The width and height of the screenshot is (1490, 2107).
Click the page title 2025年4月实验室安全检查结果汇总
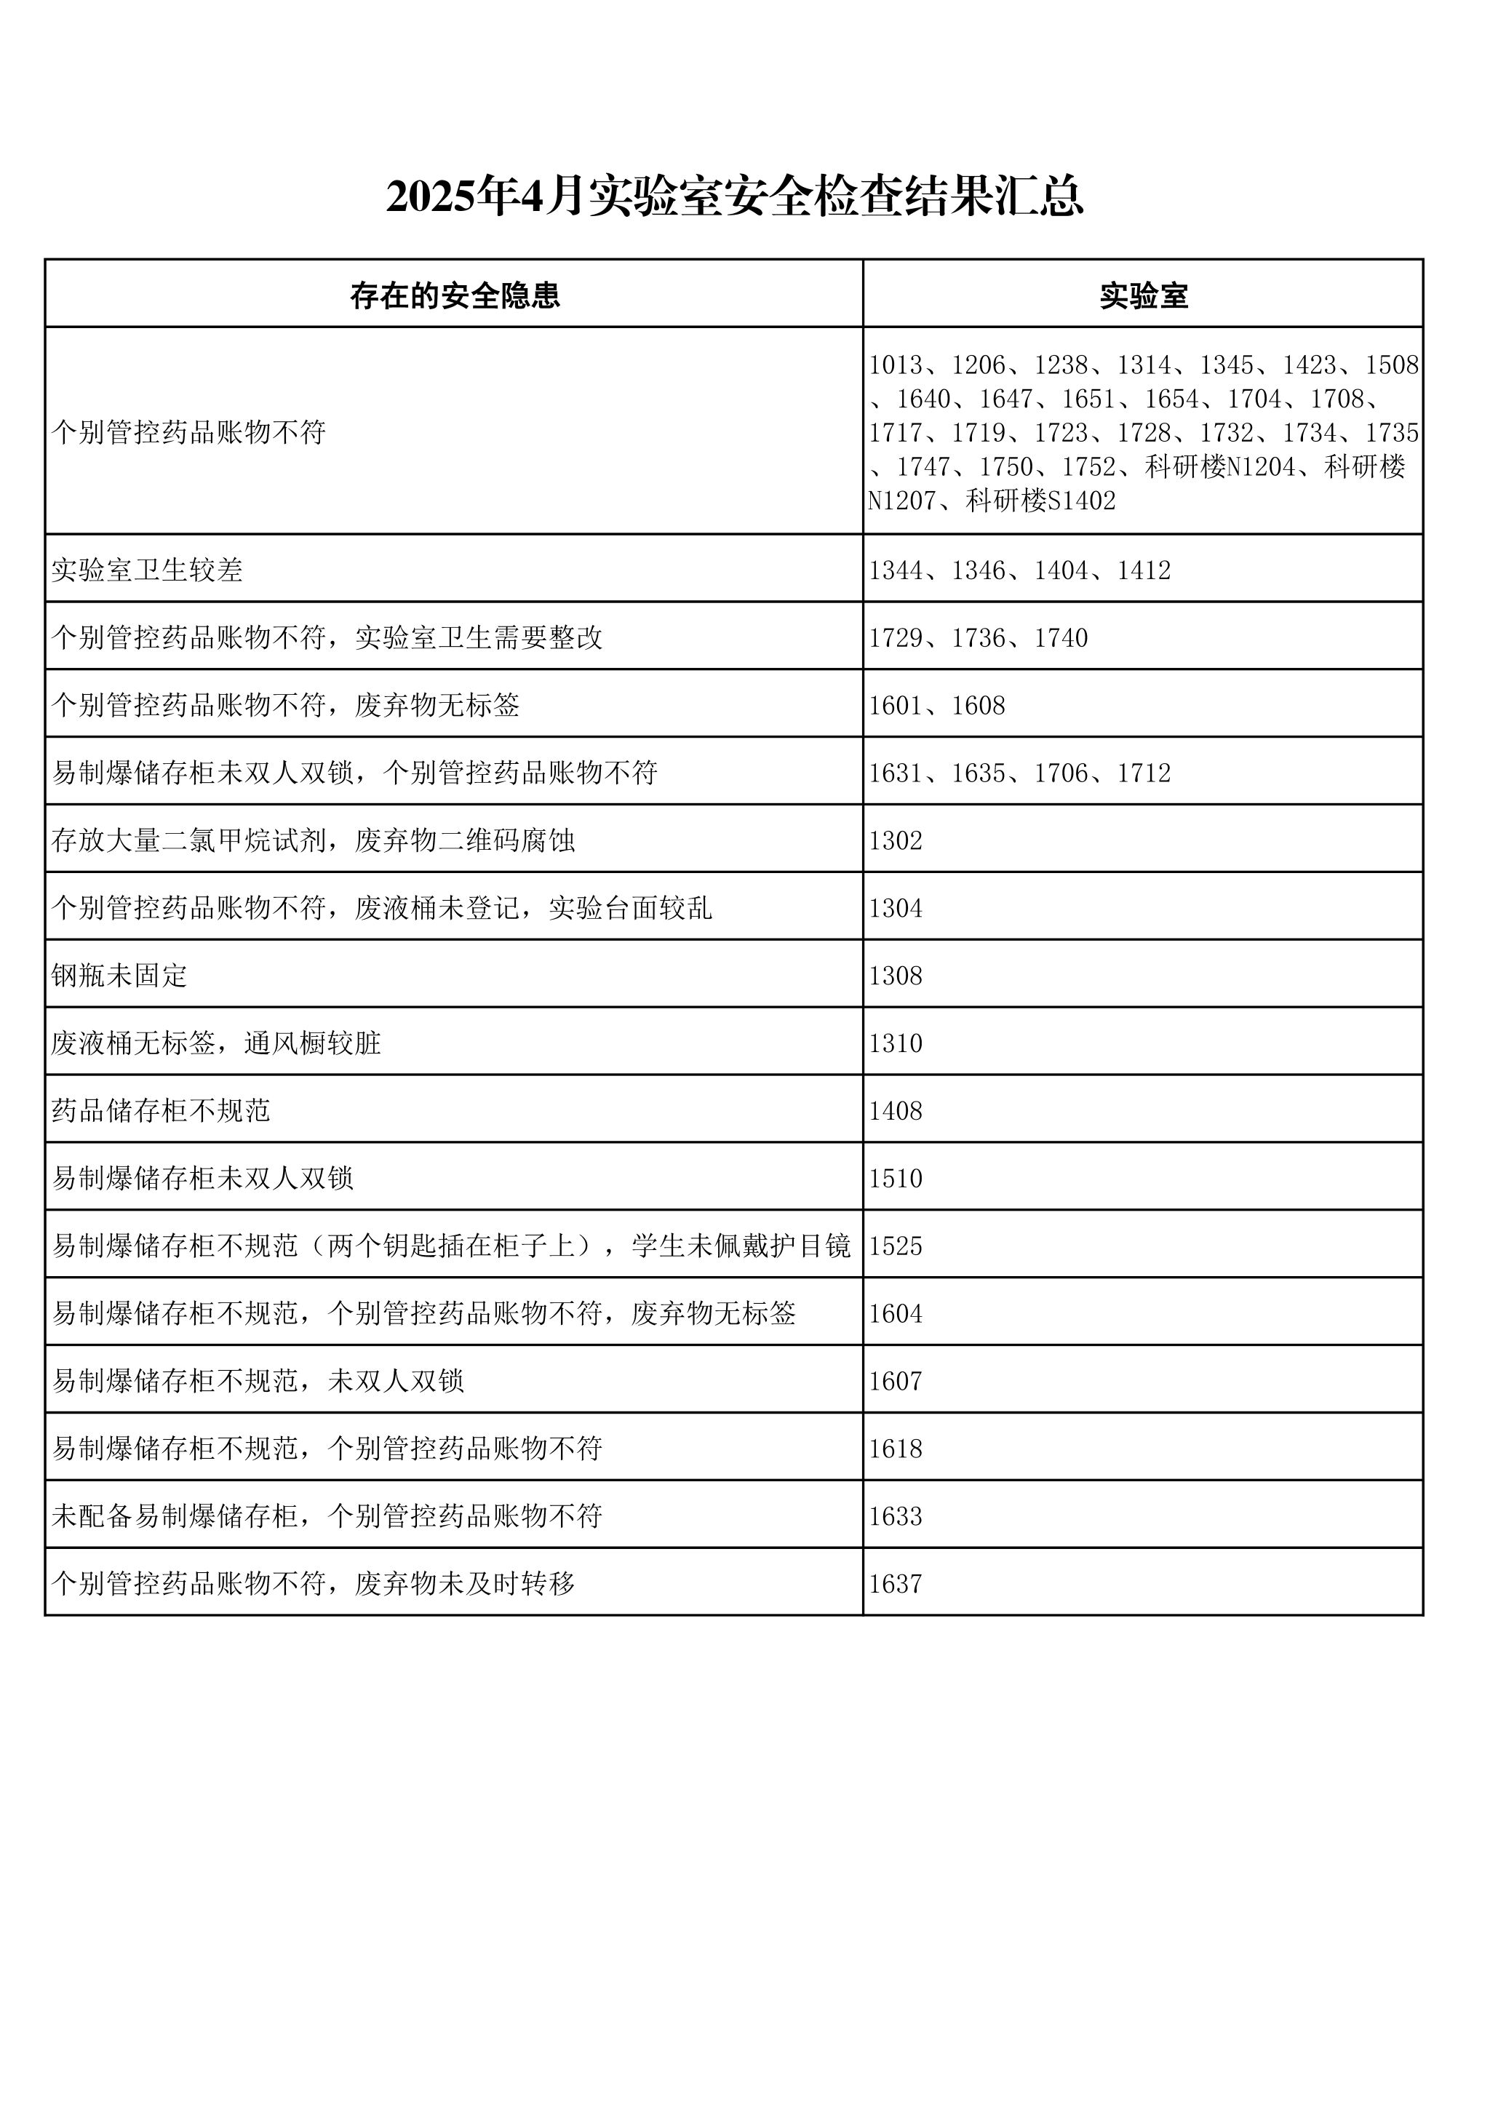tap(734, 196)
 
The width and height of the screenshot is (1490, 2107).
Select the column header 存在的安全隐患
tap(454, 295)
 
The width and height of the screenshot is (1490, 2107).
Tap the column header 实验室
tap(1143, 295)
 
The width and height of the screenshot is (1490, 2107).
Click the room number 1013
tap(896, 365)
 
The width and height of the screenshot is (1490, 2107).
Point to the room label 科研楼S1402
tap(1040, 501)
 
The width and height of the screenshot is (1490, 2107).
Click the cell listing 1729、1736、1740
tap(978, 638)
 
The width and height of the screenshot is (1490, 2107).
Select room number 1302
tap(896, 840)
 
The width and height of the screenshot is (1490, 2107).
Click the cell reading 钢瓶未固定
tap(119, 976)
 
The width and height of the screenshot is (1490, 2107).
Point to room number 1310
tap(896, 1043)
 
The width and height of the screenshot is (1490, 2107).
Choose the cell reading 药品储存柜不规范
tap(161, 1110)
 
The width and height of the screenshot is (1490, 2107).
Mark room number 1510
tap(896, 1179)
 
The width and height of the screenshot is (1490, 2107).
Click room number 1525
tap(896, 1246)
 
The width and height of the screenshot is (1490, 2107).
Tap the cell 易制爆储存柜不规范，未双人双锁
tap(258, 1381)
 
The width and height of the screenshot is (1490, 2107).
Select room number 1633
tap(896, 1516)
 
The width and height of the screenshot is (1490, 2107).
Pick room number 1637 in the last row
tap(896, 1584)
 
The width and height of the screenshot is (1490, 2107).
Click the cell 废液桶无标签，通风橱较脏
tap(215, 1043)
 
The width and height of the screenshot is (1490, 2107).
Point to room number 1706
tap(1061, 773)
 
